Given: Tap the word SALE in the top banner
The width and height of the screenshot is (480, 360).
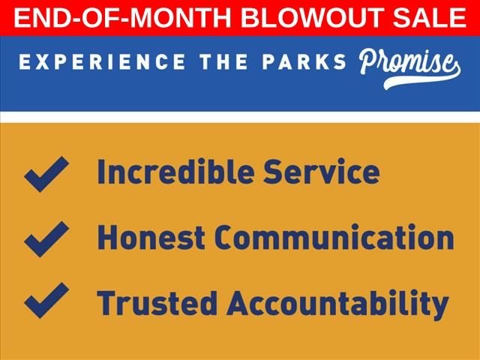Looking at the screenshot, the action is pyautogui.click(x=429, y=17).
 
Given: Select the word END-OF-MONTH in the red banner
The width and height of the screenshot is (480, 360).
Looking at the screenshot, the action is pyautogui.click(x=122, y=17).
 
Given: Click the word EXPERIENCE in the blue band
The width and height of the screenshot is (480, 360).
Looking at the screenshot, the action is pyautogui.click(x=102, y=61).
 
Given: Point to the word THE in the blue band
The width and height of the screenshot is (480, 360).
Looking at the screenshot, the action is pyautogui.click(x=223, y=61).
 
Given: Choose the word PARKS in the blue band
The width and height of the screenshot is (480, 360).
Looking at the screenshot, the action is pyautogui.click(x=304, y=61).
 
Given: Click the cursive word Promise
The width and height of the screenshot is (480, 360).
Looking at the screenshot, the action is pyautogui.click(x=407, y=63).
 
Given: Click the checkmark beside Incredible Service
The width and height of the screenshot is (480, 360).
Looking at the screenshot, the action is pyautogui.click(x=46, y=174).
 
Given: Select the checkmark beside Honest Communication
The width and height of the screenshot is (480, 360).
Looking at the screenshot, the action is pyautogui.click(x=46, y=239).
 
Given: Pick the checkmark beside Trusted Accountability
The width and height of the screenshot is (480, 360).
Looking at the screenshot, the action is pyautogui.click(x=46, y=300).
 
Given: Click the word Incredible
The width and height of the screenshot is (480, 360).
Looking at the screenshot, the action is pyautogui.click(x=175, y=172).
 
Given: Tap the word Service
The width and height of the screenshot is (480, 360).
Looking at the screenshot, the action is pyautogui.click(x=322, y=172).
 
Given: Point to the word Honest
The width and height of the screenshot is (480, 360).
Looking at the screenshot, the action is pyautogui.click(x=151, y=238).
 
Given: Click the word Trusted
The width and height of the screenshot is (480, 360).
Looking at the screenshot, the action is pyautogui.click(x=157, y=302).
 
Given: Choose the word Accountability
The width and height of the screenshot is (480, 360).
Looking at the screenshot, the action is pyautogui.click(x=337, y=304).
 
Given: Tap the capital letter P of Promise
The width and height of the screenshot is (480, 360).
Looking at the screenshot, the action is pyautogui.click(x=368, y=61).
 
